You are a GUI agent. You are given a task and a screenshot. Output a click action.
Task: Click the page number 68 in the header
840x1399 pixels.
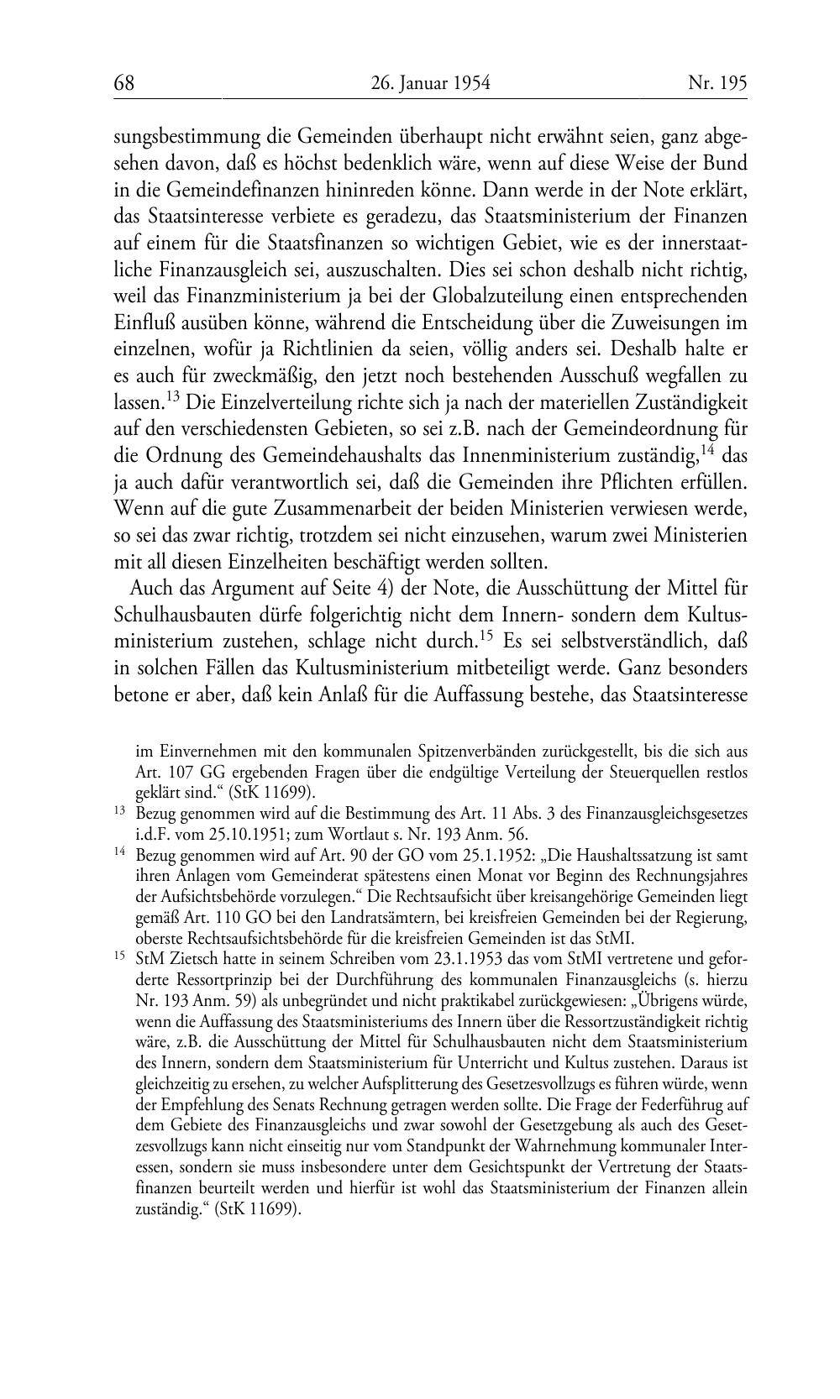point(124,82)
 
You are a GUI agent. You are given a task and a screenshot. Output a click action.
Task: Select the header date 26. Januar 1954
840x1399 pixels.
point(429,82)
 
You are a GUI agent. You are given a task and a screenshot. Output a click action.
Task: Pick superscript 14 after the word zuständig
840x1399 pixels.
point(709,450)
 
